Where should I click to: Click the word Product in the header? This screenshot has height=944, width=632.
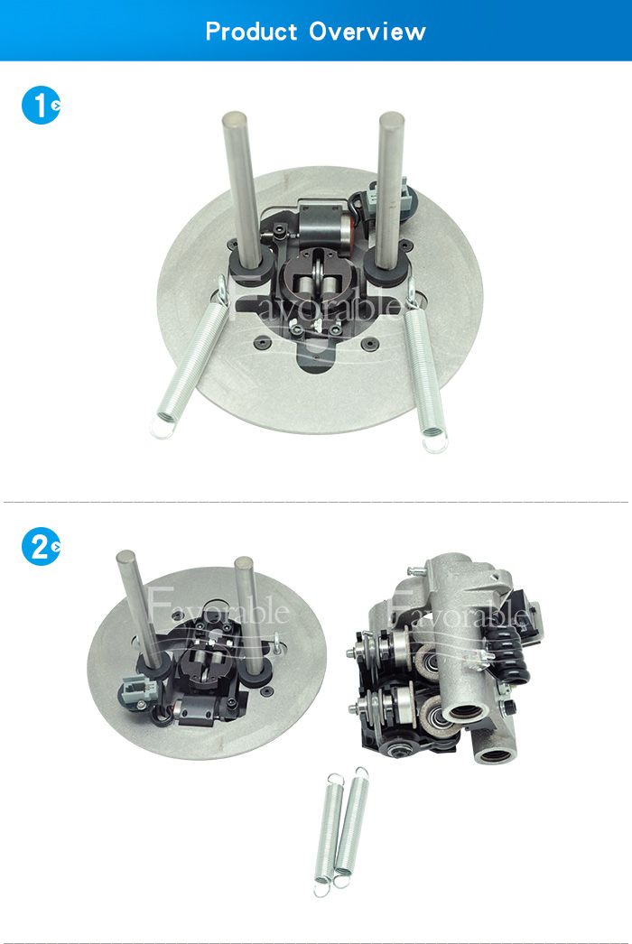251,32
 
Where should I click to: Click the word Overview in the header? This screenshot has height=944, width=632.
367,32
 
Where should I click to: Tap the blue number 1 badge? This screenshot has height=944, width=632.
41,106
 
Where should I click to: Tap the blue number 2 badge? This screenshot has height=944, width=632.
41,547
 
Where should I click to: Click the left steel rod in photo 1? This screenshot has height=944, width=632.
242,189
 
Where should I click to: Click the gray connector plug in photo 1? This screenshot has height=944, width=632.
385,196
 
